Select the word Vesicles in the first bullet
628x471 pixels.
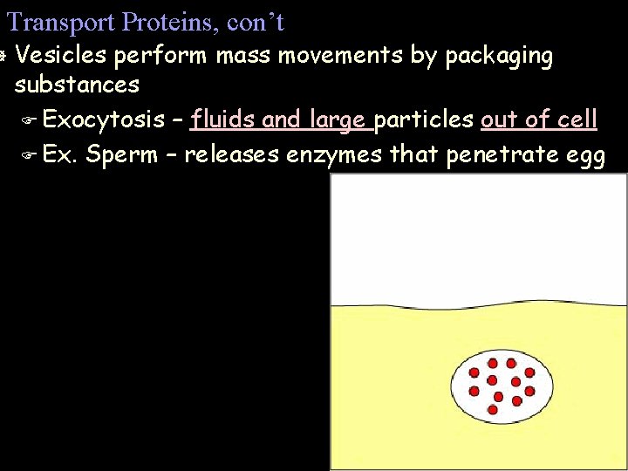tap(60, 56)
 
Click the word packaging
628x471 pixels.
tap(498, 56)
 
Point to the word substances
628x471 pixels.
tap(77, 85)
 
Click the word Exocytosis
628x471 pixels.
tap(103, 119)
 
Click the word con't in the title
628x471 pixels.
tap(256, 21)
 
